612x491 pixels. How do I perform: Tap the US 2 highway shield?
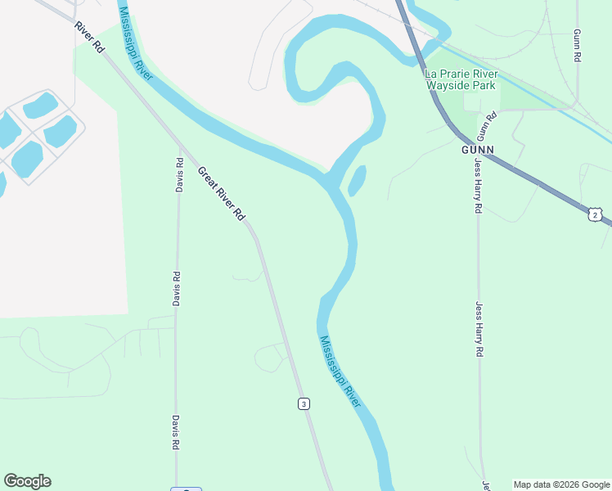coord(595,214)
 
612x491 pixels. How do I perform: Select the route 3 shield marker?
coord(304,403)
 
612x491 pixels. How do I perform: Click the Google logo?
coord(27,481)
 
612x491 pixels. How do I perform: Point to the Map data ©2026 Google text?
coord(561,484)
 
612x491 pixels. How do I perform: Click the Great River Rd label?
coord(221,193)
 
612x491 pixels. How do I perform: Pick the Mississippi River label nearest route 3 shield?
coord(340,372)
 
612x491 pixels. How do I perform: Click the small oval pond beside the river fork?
coord(357,180)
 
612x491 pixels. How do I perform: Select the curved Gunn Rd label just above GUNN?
coord(486,127)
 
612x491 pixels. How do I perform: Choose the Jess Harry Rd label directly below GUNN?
coord(478,187)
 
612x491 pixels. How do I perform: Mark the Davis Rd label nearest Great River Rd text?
coord(179,174)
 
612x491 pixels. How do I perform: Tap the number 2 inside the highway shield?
coord(595,215)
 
